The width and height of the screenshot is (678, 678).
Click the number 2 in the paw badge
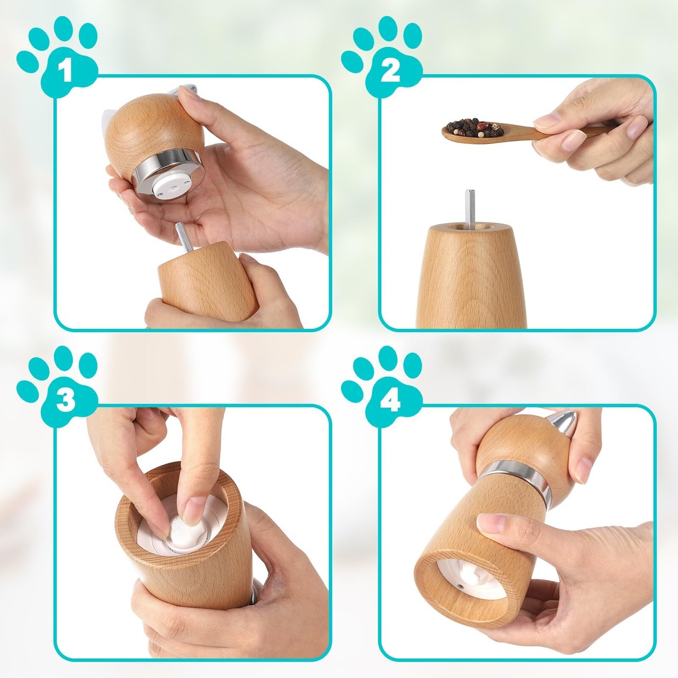(x=390, y=72)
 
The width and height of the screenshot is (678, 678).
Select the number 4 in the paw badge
(x=390, y=401)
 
